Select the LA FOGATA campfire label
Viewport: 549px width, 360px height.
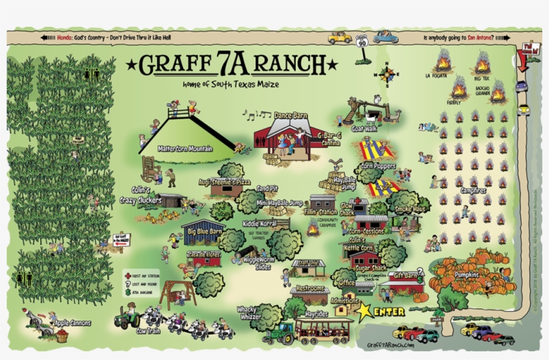(x=436, y=76)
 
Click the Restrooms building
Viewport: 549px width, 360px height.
(x=308, y=292)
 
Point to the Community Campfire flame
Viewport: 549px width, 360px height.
(x=313, y=228)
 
